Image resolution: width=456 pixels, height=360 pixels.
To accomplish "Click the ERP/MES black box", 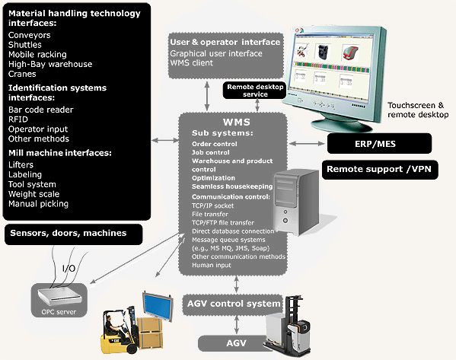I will (x=378, y=143).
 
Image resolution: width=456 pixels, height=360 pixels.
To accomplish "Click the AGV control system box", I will (x=234, y=304).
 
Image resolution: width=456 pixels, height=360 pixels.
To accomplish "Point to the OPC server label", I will (x=59, y=312).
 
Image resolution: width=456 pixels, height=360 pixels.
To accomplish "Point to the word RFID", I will (x=19, y=119).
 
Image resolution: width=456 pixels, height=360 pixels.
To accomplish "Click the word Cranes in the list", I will (x=23, y=75).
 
